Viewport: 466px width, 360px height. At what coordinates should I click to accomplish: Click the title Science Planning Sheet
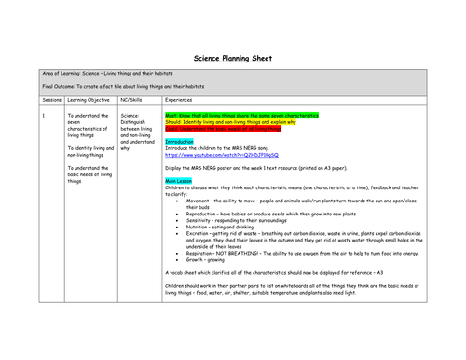(x=232, y=57)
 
